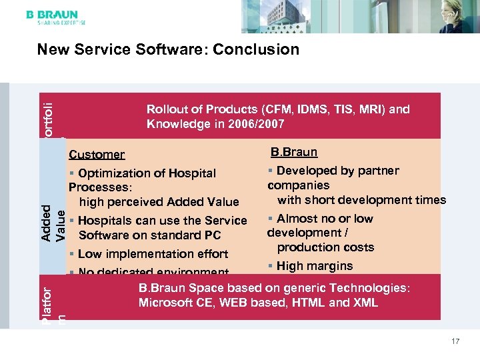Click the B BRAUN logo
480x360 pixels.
52,14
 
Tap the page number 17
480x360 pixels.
455,341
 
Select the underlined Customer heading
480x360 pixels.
97,155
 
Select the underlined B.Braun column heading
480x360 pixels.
294,152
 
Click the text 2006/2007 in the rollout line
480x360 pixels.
256,124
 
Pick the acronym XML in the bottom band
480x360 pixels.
365,303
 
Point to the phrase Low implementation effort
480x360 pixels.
153,254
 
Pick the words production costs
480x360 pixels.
325,247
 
